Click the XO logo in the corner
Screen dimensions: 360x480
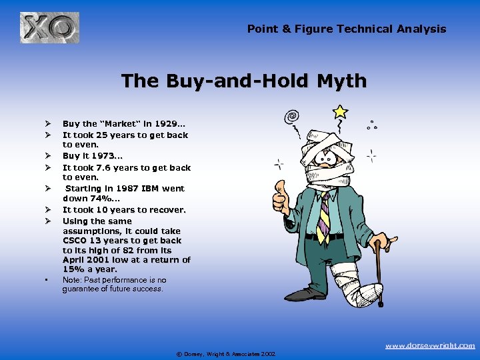[x=49, y=28]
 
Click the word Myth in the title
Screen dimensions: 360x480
[x=341, y=81]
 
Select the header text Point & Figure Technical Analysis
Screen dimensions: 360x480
[x=347, y=29]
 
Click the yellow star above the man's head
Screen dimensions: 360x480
[x=341, y=111]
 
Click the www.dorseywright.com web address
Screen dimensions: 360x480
[x=431, y=345]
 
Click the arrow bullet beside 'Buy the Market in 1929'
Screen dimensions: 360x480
[x=48, y=124]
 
